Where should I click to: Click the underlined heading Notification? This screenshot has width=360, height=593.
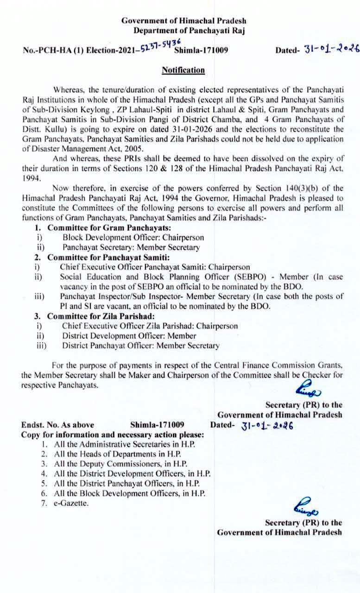tap(183, 70)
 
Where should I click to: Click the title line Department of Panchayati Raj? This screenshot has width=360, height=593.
tap(189, 31)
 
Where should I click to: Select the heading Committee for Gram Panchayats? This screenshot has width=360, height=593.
tap(109, 228)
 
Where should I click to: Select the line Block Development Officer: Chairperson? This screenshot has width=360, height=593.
tap(133, 238)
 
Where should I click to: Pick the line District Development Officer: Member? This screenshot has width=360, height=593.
tap(129, 336)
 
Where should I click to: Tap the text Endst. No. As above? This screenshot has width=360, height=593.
tap(57, 425)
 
